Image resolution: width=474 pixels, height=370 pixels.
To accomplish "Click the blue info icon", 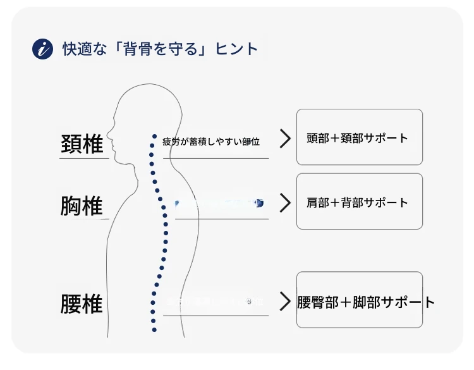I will tap(42, 49).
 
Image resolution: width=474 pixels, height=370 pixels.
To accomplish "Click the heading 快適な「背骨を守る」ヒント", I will tap(160, 49).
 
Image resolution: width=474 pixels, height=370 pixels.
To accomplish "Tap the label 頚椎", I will tap(82, 144).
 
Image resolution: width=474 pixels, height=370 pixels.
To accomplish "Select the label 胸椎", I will tap(82, 206).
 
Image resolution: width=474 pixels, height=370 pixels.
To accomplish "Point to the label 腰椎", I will tap(82, 304).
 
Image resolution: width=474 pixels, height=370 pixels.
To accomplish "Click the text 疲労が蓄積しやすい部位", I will tap(211, 142).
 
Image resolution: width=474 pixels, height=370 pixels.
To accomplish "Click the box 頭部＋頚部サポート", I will tap(359, 137).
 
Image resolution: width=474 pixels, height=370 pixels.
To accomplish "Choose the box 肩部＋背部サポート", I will tap(359, 202).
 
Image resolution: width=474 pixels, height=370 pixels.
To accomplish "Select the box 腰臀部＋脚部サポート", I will tap(359, 300).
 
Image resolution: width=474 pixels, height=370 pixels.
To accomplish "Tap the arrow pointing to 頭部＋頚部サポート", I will tap(285, 139).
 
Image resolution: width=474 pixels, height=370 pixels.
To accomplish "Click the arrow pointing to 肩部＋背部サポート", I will tap(285, 202).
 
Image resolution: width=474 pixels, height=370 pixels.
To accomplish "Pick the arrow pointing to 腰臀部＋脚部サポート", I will tap(285, 300).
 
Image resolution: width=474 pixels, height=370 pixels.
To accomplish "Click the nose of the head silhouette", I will tap(108, 134).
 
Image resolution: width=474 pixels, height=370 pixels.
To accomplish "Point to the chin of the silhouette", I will tap(115, 156).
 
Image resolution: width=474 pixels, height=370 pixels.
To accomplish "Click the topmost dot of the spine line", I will tap(153, 135).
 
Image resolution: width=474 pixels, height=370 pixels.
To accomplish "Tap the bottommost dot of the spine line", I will tap(153, 329).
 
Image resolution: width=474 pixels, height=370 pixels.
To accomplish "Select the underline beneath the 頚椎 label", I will tap(84, 158).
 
